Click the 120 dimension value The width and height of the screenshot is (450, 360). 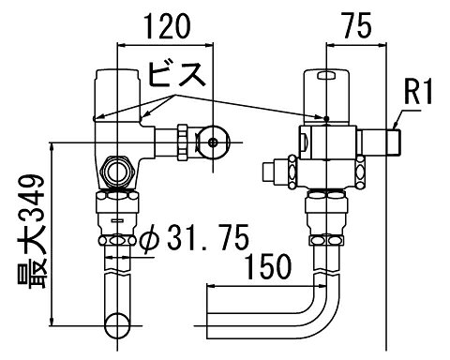167,27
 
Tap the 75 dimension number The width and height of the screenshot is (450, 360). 356,25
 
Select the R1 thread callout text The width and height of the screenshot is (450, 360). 418,91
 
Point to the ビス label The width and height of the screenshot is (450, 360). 177,74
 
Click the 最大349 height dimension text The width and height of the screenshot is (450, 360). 32,232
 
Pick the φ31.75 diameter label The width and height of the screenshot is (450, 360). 194,237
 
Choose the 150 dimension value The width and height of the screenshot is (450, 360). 269,266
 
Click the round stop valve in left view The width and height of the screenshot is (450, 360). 214,142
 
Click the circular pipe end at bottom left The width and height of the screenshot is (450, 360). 117,325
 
